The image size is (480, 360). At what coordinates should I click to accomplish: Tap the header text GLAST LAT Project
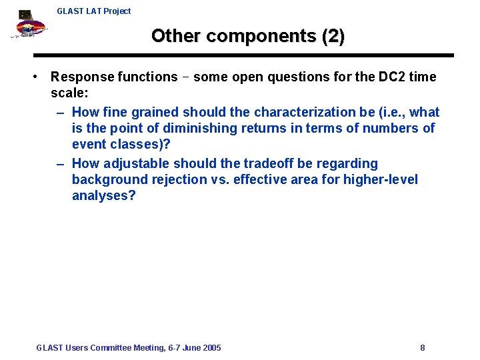(94, 11)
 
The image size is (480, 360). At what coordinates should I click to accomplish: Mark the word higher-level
(380, 179)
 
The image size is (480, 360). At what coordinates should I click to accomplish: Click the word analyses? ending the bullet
(103, 195)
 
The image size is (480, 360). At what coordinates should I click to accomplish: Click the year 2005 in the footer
(211, 347)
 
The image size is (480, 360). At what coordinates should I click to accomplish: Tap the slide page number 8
(423, 347)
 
